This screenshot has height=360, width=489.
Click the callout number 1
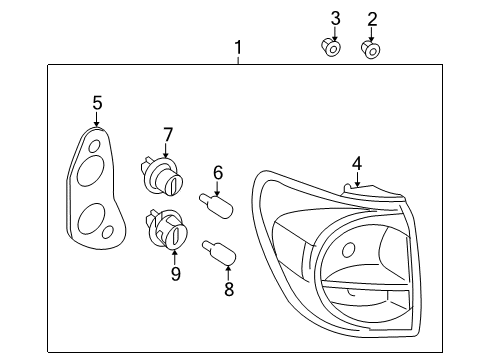pyautogui.click(x=238, y=47)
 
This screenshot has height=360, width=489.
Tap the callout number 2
pyautogui.click(x=372, y=18)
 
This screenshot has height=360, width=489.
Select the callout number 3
pyautogui.click(x=335, y=18)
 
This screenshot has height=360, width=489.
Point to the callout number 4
pyautogui.click(x=356, y=163)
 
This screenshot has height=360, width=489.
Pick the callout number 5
pyautogui.click(x=97, y=102)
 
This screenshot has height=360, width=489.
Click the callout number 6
pyautogui.click(x=217, y=172)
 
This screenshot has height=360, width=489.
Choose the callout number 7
pyautogui.click(x=168, y=134)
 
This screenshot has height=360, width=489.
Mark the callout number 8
pyautogui.click(x=227, y=290)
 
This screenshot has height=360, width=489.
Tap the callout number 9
pyautogui.click(x=175, y=272)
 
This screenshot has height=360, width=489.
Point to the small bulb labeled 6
pyautogui.click(x=221, y=206)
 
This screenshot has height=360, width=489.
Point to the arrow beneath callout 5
pyautogui.click(x=97, y=121)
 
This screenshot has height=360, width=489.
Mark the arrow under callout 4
pyautogui.click(x=356, y=180)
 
